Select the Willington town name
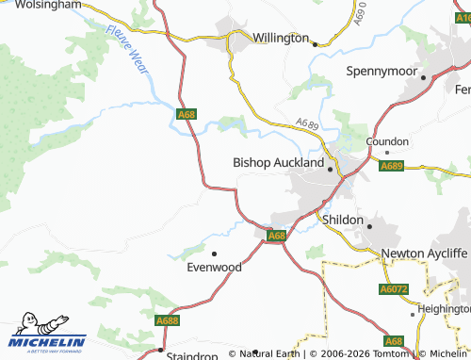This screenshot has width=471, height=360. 280,38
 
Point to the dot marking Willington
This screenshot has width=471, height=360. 314,42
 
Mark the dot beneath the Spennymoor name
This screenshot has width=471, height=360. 423,77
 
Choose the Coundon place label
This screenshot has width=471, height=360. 387,140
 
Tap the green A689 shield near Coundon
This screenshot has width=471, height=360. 392,167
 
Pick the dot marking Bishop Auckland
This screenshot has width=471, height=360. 331,170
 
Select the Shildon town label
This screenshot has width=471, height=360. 342,219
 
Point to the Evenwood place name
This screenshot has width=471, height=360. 215,268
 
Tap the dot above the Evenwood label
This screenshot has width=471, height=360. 215,253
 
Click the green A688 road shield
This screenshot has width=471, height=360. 168,320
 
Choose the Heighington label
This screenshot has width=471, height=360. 445,308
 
